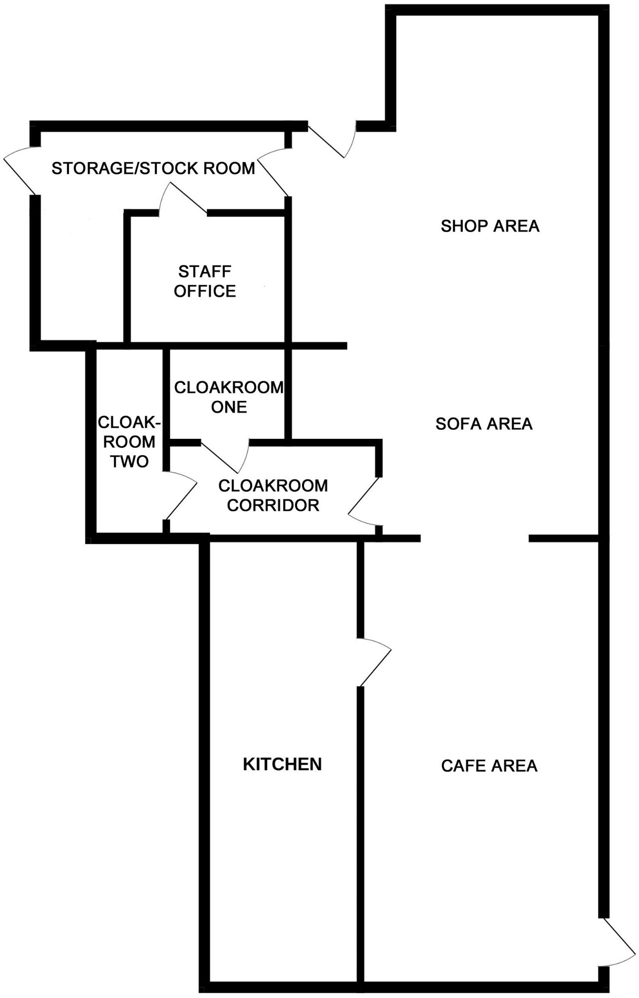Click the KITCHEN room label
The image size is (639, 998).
pyautogui.click(x=282, y=764)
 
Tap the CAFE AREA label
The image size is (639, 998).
pyautogui.click(x=489, y=766)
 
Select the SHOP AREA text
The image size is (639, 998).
pyautogui.click(x=490, y=226)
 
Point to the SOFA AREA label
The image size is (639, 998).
pyautogui.click(x=484, y=424)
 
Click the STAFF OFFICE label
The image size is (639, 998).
pyautogui.click(x=205, y=281)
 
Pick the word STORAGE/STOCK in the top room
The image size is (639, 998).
pyautogui.click(x=118, y=168)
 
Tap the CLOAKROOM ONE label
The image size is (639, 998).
pyautogui.click(x=229, y=397)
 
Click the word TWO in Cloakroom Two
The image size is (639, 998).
pyautogui.click(x=129, y=461)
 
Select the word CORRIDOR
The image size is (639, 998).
pyautogui.click(x=273, y=505)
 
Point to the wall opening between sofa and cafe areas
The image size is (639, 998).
pyautogui.click(x=474, y=538)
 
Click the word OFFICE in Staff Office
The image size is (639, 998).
pyautogui.click(x=205, y=291)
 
